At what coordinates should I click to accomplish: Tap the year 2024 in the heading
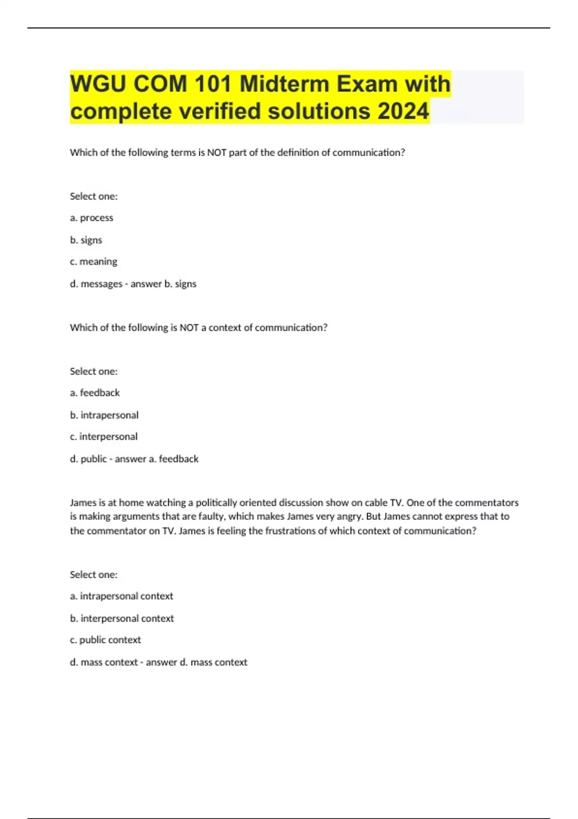tap(403, 111)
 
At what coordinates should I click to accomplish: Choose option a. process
tap(92, 218)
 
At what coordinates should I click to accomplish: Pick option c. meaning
tap(93, 262)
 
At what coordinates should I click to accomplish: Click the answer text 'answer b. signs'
tap(163, 284)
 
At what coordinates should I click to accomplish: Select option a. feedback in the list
tap(95, 393)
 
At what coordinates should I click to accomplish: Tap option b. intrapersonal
tap(104, 415)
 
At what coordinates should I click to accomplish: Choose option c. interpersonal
tap(104, 436)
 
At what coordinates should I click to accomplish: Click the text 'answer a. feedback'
tap(157, 459)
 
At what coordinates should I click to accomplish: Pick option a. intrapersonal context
tap(121, 596)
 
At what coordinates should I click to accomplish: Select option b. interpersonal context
tap(122, 618)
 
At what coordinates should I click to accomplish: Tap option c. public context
tap(105, 640)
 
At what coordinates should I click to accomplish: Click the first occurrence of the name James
tap(83, 502)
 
